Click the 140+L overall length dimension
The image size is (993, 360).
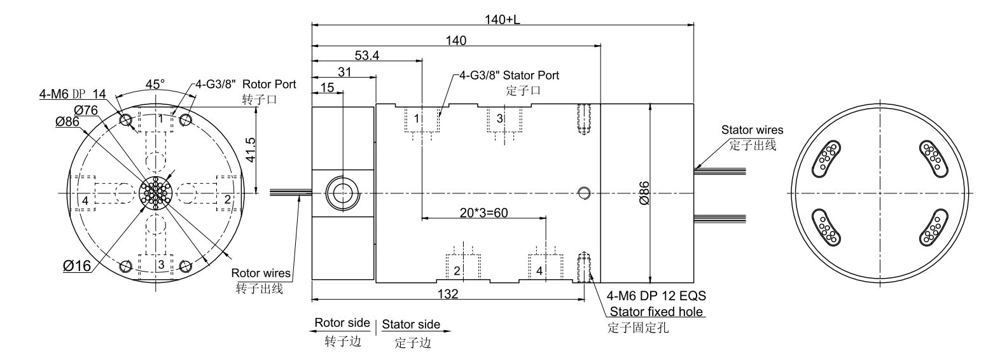[x=502, y=20]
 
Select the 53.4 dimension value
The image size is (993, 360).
[x=367, y=56]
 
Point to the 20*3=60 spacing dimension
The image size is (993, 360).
[x=483, y=212]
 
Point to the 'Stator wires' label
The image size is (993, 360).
[x=752, y=130]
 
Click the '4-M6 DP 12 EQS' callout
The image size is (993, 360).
[x=657, y=296]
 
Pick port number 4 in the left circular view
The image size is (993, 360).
[x=85, y=201]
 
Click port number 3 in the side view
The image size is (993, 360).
[x=499, y=119]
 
